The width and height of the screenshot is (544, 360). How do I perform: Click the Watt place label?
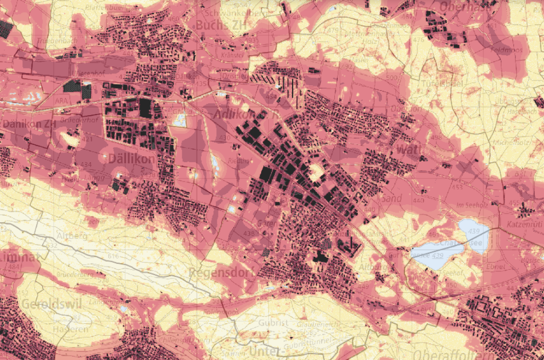coord(408,149)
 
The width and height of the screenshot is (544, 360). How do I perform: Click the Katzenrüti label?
coord(524,223)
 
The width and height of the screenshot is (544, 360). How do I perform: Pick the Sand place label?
coord(391,198)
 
